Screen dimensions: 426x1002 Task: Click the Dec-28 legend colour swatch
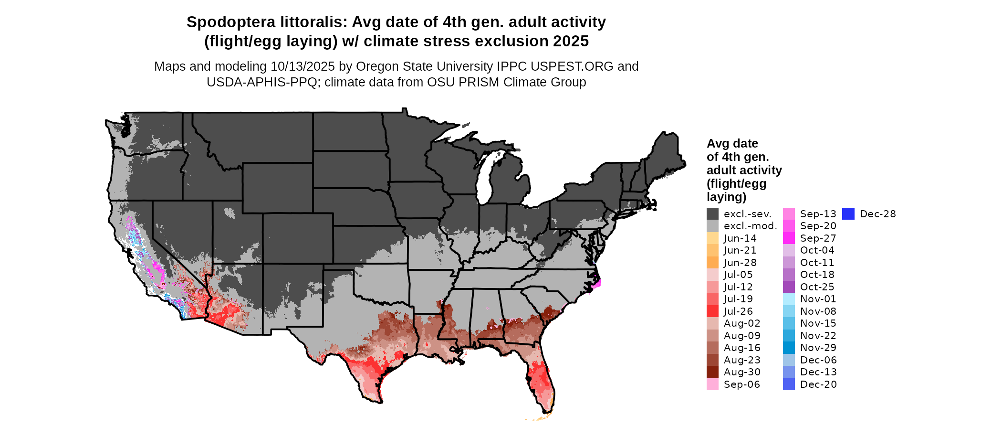(x=848, y=214)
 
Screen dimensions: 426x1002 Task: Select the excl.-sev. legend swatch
(x=712, y=214)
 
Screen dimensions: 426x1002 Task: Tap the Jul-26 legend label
(x=738, y=311)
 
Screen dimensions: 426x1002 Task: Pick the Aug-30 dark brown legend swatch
(x=712, y=372)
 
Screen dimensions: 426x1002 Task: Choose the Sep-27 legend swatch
(x=789, y=238)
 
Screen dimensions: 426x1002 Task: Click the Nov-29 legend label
(x=818, y=348)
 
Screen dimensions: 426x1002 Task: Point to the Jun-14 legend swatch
(x=712, y=238)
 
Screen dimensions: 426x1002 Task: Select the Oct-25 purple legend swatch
(x=789, y=287)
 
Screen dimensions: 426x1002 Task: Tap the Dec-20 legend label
(x=818, y=384)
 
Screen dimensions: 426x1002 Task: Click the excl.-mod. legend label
(x=751, y=226)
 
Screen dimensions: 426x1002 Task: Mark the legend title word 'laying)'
(x=726, y=197)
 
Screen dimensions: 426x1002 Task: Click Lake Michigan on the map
(x=487, y=177)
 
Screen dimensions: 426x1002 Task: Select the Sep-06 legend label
(x=741, y=384)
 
